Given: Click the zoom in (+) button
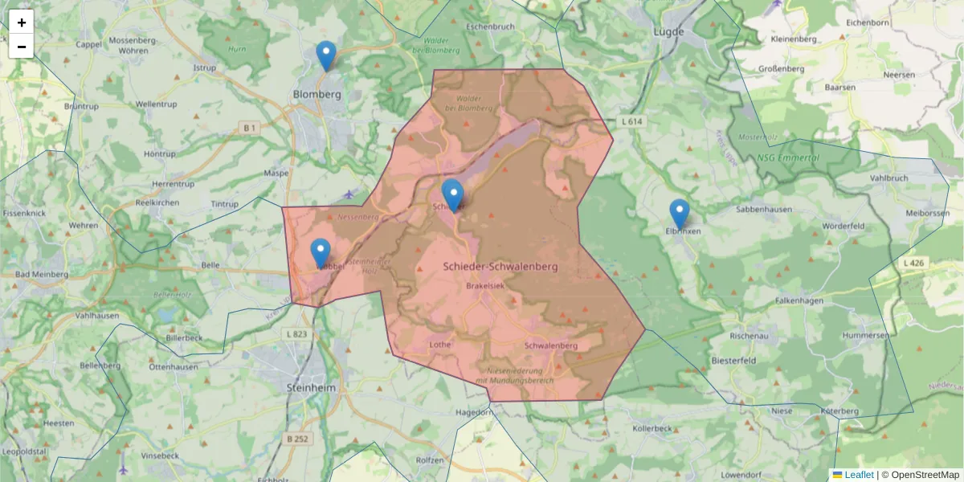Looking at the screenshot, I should (22, 22).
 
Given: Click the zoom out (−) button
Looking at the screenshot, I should (22, 47).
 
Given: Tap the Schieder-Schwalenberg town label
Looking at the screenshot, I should (500, 265).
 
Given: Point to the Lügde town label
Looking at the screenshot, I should (668, 32).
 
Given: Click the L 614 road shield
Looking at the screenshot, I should (633, 121).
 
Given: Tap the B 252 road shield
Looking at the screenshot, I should (297, 439).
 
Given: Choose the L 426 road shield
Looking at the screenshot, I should (914, 263).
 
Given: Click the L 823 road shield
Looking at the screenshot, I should (296, 333).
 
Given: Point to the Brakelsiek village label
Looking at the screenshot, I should (486, 285).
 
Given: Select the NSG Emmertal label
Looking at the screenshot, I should (787, 157).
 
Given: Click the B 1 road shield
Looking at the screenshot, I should (249, 127).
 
